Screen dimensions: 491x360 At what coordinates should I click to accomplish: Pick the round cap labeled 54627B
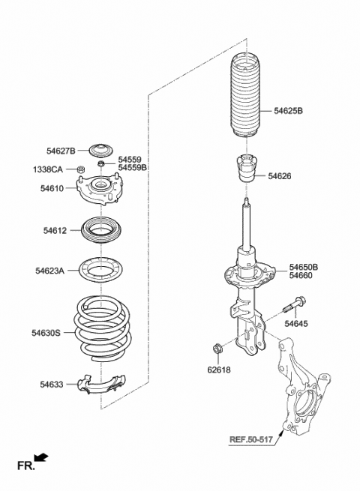[x=100, y=148]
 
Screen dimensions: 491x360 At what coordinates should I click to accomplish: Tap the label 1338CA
[x=49, y=169]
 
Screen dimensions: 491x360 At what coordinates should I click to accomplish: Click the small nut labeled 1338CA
[x=78, y=170]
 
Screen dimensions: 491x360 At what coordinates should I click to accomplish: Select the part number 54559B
[x=133, y=168]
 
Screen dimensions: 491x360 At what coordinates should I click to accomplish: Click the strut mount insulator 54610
[x=100, y=191]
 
